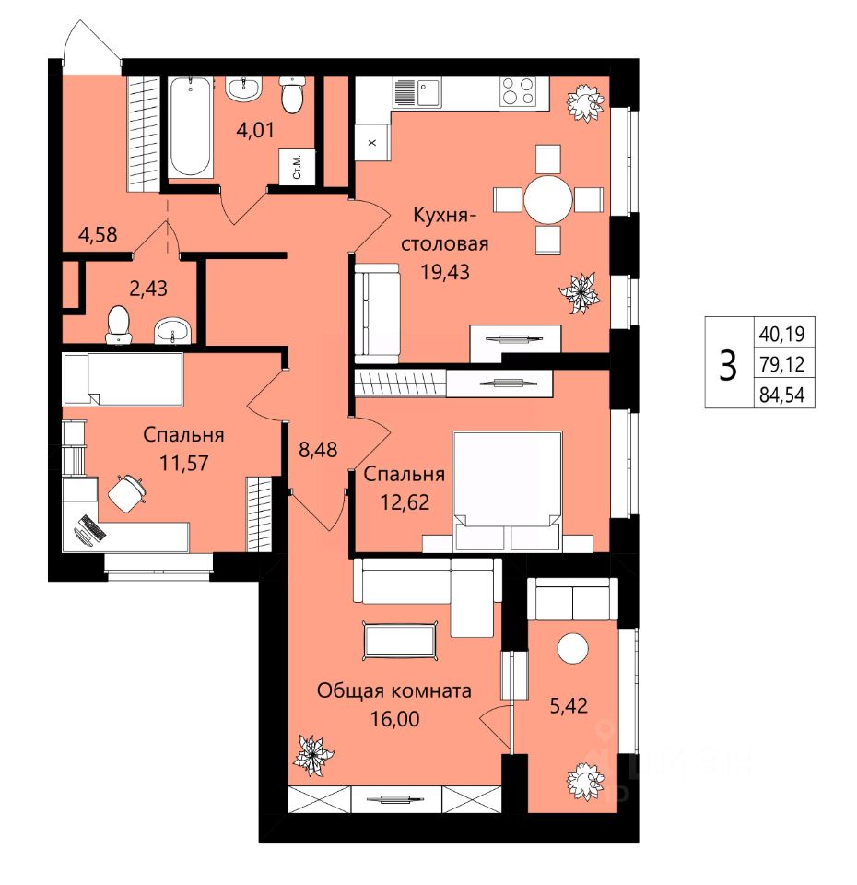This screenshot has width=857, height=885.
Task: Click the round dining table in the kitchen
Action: point(547,199)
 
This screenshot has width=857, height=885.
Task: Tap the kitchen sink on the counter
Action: point(429,92)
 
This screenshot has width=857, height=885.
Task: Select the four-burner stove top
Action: point(517,91)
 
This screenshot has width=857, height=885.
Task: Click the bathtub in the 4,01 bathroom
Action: point(191,127)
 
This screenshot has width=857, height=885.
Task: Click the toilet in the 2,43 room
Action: point(119,324)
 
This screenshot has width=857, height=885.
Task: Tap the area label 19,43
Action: point(444,272)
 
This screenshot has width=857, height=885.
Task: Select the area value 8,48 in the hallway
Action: point(318,450)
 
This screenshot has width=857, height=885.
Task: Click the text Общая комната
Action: point(393,690)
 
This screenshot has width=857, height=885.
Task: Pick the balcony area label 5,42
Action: point(569,705)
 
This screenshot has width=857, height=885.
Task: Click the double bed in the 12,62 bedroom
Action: point(508,491)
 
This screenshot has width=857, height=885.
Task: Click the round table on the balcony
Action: point(572,648)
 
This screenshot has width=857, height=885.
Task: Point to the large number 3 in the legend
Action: point(728,365)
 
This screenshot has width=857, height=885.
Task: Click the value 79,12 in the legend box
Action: point(782,364)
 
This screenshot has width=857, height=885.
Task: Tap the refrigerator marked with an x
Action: point(372,142)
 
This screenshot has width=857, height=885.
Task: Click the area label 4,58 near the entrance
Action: point(98,234)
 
